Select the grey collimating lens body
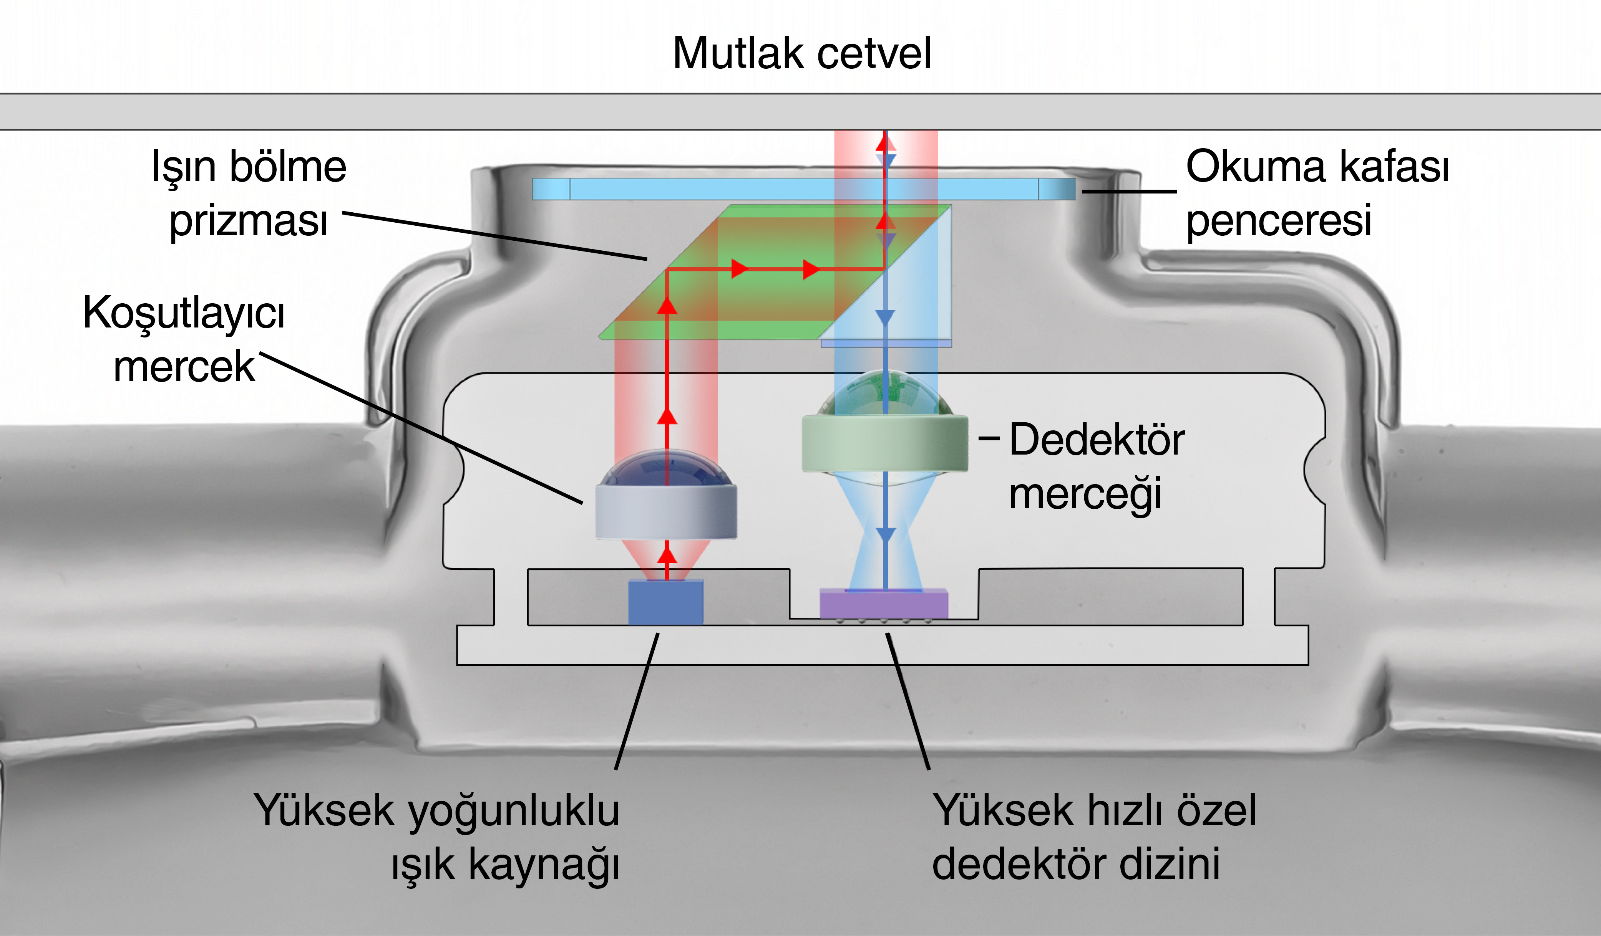click(x=666, y=511)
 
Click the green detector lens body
click(x=884, y=443)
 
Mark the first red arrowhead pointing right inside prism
click(x=739, y=269)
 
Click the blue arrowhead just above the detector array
click(x=885, y=535)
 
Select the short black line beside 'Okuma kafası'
click(x=1129, y=190)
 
